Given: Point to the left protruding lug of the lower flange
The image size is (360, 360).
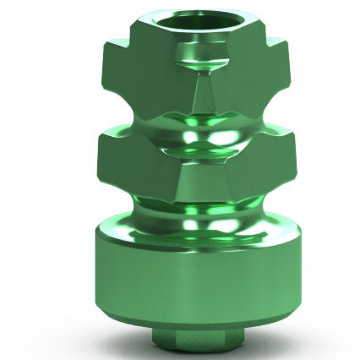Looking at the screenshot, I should [x=114, y=161].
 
